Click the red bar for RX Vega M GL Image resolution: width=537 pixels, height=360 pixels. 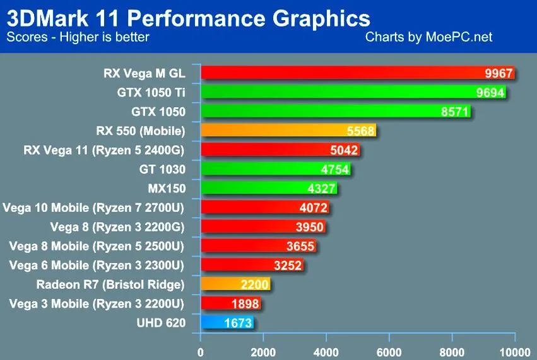coord(358,73)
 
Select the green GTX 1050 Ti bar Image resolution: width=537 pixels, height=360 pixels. coord(353,91)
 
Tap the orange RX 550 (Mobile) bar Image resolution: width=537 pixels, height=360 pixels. coord(288,130)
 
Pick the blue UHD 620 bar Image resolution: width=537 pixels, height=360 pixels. coord(227,322)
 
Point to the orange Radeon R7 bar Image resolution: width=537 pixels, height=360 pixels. coord(235,284)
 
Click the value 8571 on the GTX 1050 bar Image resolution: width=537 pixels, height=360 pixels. coord(454,112)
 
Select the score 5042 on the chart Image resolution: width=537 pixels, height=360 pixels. coord(344,150)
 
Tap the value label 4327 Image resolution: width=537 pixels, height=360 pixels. coord(321,189)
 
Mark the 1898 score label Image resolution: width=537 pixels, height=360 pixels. coord(245,303)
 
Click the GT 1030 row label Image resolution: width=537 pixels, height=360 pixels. coord(162,169)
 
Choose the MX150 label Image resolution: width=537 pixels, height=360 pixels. coord(167,189)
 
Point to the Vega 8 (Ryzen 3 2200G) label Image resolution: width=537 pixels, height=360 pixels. coord(117,227)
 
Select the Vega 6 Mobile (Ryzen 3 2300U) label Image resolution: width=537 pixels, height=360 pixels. coord(97,265)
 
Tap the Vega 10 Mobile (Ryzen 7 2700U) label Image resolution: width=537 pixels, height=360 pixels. coord(93,207)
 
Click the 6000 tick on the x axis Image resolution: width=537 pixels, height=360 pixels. coord(389,352)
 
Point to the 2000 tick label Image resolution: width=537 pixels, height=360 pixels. coord(263,352)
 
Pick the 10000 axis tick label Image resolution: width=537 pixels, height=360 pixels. coord(515,352)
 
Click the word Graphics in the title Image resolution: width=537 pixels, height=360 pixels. coord(321,18)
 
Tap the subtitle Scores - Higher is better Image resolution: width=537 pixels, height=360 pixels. coord(78,37)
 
